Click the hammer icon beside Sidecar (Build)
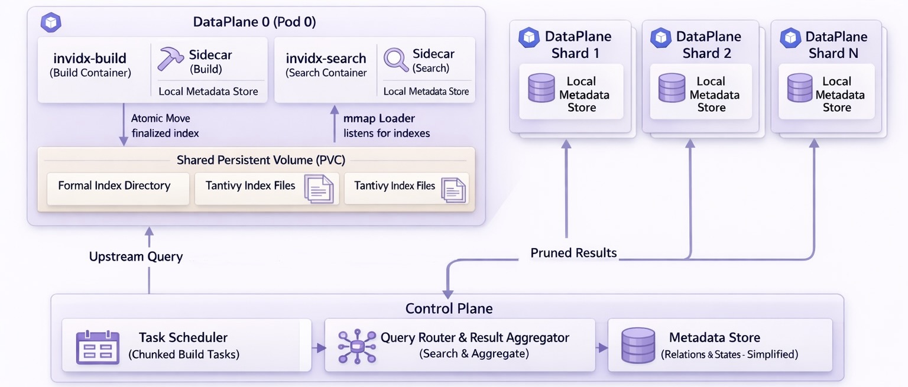click(171, 60)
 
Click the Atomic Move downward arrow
click(124, 125)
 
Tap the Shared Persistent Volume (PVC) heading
click(261, 160)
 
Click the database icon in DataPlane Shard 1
click(541, 89)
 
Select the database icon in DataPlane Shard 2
click(672, 89)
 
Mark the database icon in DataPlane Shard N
click(800, 89)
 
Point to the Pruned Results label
click(573, 253)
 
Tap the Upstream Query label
click(135, 256)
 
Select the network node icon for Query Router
click(356, 347)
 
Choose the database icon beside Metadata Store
click(638, 346)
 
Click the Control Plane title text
click(449, 308)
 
